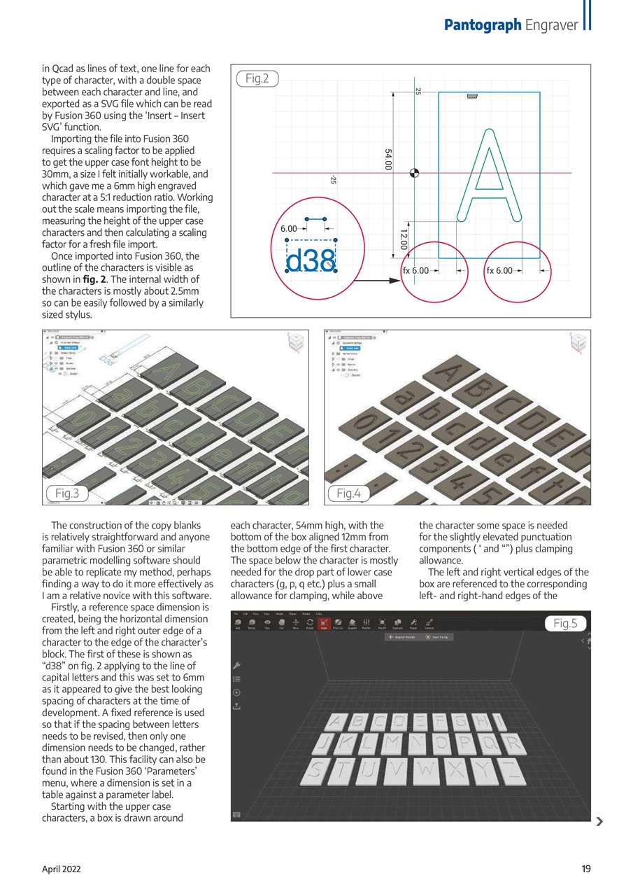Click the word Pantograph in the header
tap(483, 24)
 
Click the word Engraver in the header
tap(550, 24)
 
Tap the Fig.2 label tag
tap(257, 78)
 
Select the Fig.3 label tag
tap(67, 493)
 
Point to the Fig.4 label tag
tap(348, 493)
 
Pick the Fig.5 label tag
tap(564, 623)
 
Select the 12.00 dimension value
tap(404, 239)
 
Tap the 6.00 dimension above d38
tap(289, 229)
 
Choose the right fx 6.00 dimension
tap(500, 270)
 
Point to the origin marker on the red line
tap(414, 173)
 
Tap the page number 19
tap(585, 869)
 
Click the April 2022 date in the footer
tap(62, 869)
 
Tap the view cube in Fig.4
tap(578, 343)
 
